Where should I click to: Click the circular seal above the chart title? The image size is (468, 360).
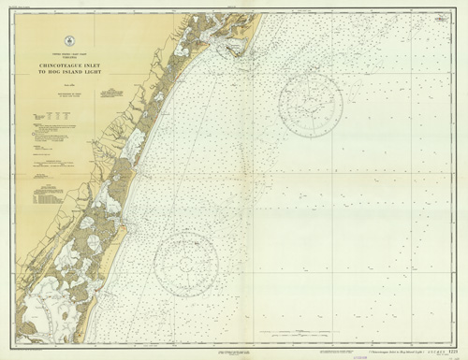click(71, 39)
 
